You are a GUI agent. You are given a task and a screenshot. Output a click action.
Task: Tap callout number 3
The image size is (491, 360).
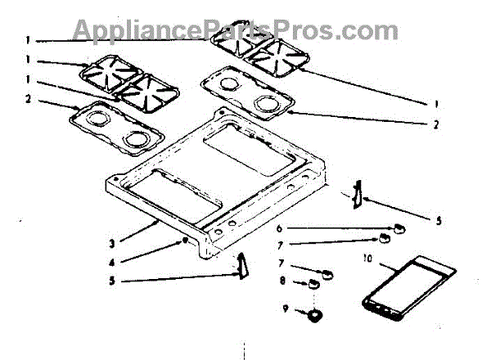[111, 242]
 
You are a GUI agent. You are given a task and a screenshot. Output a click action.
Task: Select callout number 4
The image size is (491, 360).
[111, 262]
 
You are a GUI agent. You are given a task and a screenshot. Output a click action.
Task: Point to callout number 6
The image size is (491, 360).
[302, 228]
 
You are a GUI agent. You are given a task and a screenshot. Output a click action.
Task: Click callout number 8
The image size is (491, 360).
[282, 280]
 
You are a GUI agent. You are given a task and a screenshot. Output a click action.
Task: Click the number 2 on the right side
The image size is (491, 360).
[436, 125]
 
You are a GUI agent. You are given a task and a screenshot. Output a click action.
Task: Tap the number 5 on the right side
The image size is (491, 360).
[438, 220]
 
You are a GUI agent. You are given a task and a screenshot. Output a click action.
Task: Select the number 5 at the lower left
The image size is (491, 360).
[111, 281]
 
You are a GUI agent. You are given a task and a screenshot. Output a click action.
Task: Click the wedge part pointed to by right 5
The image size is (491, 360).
[357, 196]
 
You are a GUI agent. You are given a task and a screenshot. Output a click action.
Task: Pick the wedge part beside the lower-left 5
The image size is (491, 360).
[242, 265]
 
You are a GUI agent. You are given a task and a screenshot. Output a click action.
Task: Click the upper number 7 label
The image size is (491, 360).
[302, 244]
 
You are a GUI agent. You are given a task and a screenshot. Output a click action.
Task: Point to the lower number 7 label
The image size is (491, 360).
[282, 263]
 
